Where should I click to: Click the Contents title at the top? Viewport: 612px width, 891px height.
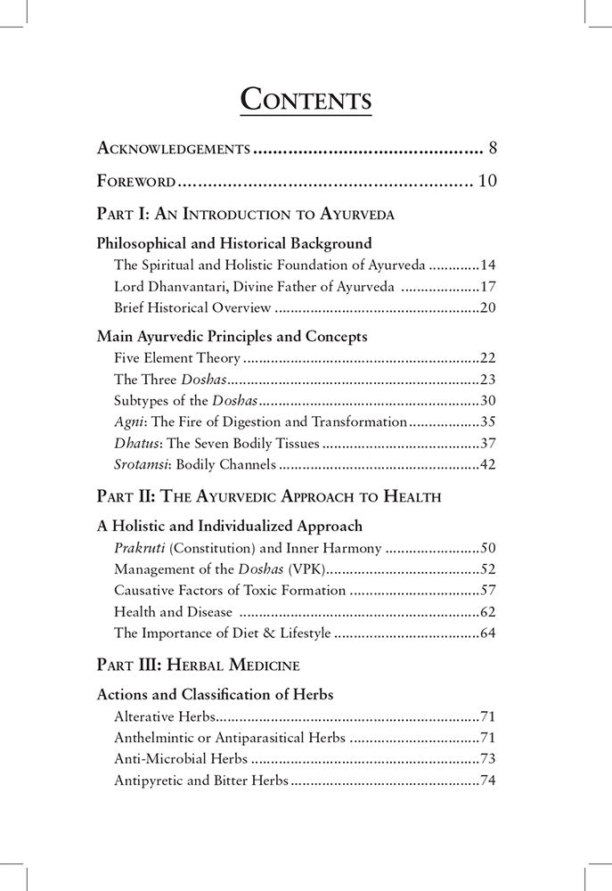[x=306, y=98]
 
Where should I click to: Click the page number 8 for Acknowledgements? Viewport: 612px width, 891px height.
[x=494, y=147]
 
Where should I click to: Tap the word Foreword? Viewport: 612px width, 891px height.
[x=135, y=182]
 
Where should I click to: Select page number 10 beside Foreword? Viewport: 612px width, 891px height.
[x=487, y=182]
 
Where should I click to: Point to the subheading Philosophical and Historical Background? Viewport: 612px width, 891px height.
[x=233, y=243]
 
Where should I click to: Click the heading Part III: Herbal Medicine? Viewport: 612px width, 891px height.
[x=198, y=666]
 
